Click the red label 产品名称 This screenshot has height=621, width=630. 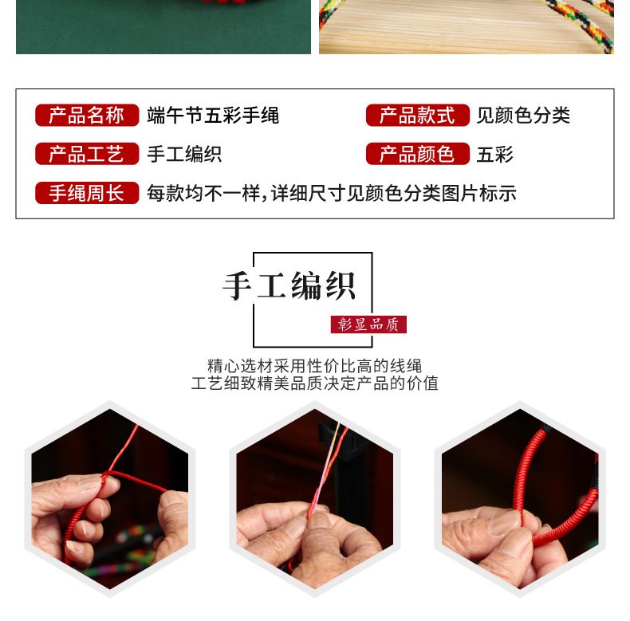(87, 116)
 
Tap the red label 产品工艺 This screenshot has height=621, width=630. (87, 154)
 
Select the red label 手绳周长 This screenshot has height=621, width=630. (87, 193)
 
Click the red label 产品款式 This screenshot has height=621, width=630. (417, 116)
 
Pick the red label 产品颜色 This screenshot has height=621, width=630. (417, 154)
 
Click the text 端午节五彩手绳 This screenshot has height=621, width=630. (213, 116)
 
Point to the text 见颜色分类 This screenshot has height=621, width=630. (523, 116)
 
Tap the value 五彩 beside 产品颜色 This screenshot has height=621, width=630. (495, 154)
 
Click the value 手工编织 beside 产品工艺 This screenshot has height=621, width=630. (184, 154)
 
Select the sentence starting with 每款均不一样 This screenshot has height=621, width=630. (332, 193)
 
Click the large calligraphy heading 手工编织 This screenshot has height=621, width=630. (289, 285)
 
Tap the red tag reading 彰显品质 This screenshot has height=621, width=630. (368, 324)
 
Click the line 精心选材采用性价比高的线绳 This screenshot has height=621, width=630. (314, 366)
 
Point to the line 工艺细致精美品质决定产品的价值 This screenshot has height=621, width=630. (314, 383)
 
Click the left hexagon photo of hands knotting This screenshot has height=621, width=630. (110, 498)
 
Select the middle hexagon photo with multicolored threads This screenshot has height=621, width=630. (314, 498)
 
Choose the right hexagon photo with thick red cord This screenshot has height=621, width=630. (520, 498)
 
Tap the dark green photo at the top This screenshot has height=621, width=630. (163, 27)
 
